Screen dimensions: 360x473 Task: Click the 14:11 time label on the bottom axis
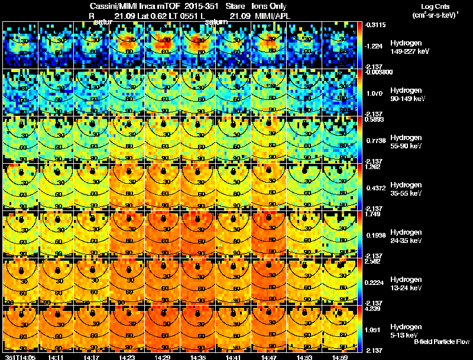pyautogui.click(x=56, y=356)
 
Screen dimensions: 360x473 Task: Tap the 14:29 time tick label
pyautogui.click(x=162, y=356)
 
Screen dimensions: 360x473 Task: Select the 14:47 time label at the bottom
pyautogui.click(x=268, y=356)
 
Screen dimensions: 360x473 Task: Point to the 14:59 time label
pyautogui.click(x=339, y=356)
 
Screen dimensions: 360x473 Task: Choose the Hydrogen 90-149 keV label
pyautogui.click(x=405, y=95)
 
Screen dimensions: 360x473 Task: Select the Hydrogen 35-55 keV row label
pyautogui.click(x=405, y=189)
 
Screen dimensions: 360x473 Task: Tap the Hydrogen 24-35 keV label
pyautogui.click(x=405, y=236)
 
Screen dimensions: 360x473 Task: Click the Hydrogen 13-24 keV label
pyautogui.click(x=405, y=283)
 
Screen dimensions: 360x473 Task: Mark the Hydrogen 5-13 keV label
pyautogui.click(x=405, y=330)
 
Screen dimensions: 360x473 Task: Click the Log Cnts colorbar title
pyautogui.click(x=434, y=7)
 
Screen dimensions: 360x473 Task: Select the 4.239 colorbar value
pyautogui.click(x=373, y=308)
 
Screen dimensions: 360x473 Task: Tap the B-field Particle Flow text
pyautogui.click(x=441, y=342)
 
